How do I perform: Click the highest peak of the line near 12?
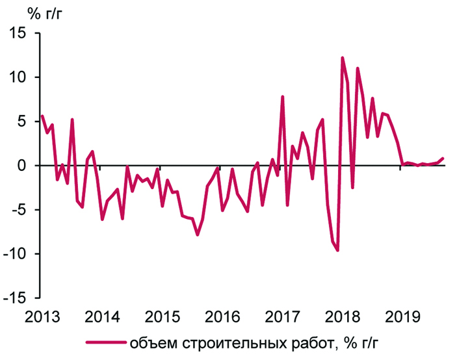(343, 58)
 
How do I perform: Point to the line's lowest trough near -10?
(337, 250)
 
